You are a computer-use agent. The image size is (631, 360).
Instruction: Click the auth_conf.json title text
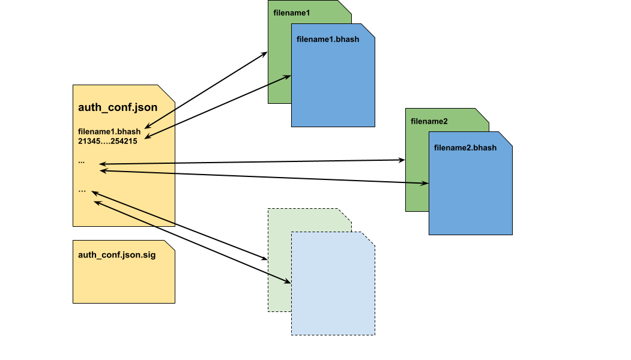coord(118,108)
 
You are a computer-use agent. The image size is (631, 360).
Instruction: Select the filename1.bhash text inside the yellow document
coord(109,132)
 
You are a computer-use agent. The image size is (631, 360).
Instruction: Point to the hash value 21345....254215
coord(107,142)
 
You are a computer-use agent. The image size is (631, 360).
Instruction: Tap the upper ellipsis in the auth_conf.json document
coord(82,161)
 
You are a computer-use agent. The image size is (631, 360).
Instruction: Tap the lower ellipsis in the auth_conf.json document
coord(82,190)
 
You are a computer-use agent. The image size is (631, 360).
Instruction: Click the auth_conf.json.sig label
coord(116,255)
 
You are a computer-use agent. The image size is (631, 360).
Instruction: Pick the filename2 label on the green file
coord(429,121)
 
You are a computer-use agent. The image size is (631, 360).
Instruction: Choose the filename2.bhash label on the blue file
coord(465,148)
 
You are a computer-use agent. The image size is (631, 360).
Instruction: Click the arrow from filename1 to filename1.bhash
coord(280,80)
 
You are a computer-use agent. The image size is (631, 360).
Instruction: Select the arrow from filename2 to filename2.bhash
coord(417,183)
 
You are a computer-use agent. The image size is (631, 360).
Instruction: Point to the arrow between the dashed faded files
coord(279,278)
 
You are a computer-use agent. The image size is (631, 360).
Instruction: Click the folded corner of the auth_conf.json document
coord(167,92)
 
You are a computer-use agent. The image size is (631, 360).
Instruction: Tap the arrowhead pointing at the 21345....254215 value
coord(146,137)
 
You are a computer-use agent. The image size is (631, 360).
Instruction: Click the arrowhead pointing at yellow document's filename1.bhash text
coord(147,127)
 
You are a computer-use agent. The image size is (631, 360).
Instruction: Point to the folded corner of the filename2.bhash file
coord(505,140)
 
